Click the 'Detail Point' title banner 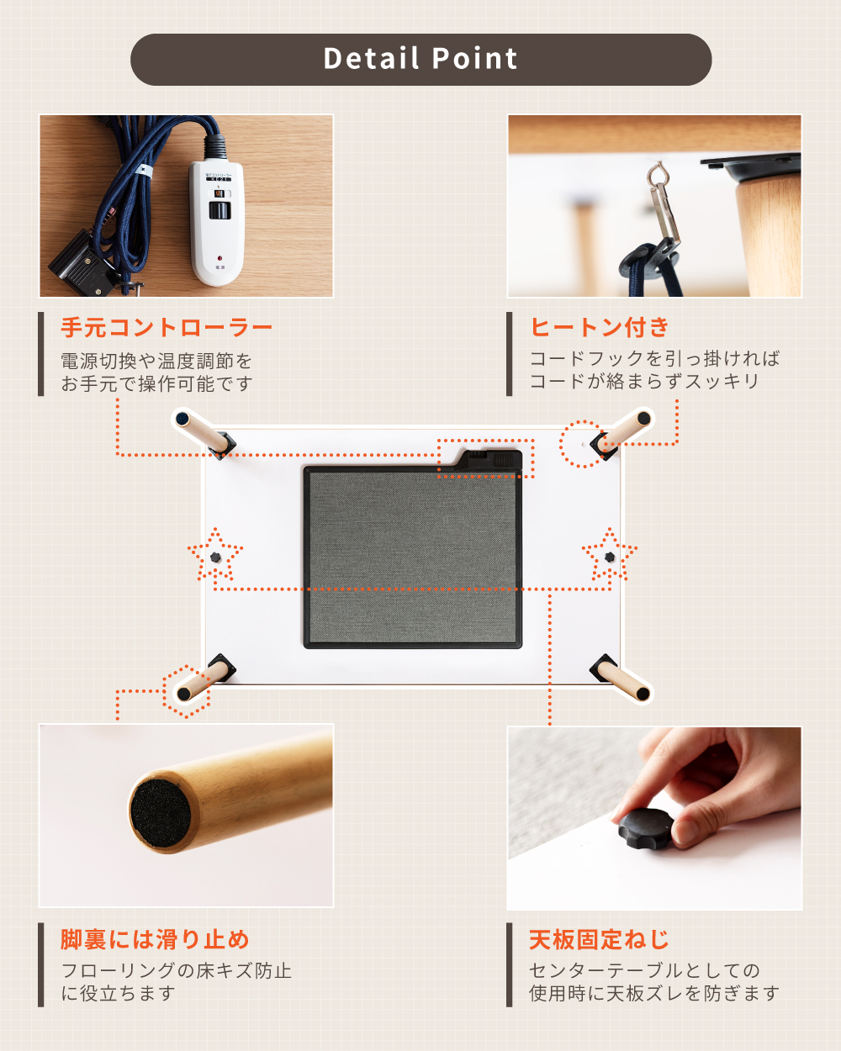click(420, 60)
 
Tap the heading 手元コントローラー click(167, 327)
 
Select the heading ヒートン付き click(600, 327)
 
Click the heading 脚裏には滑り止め click(155, 939)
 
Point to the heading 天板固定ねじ click(599, 939)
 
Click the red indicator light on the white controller click(220, 257)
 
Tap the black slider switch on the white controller click(220, 210)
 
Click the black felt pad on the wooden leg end click(161, 813)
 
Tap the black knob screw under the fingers click(646, 828)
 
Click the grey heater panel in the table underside click(413, 557)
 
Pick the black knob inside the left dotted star click(215, 557)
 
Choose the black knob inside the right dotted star click(610, 557)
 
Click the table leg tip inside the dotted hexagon click(183, 694)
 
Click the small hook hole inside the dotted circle click(583, 445)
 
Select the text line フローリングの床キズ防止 click(177, 970)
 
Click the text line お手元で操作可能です click(157, 383)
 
